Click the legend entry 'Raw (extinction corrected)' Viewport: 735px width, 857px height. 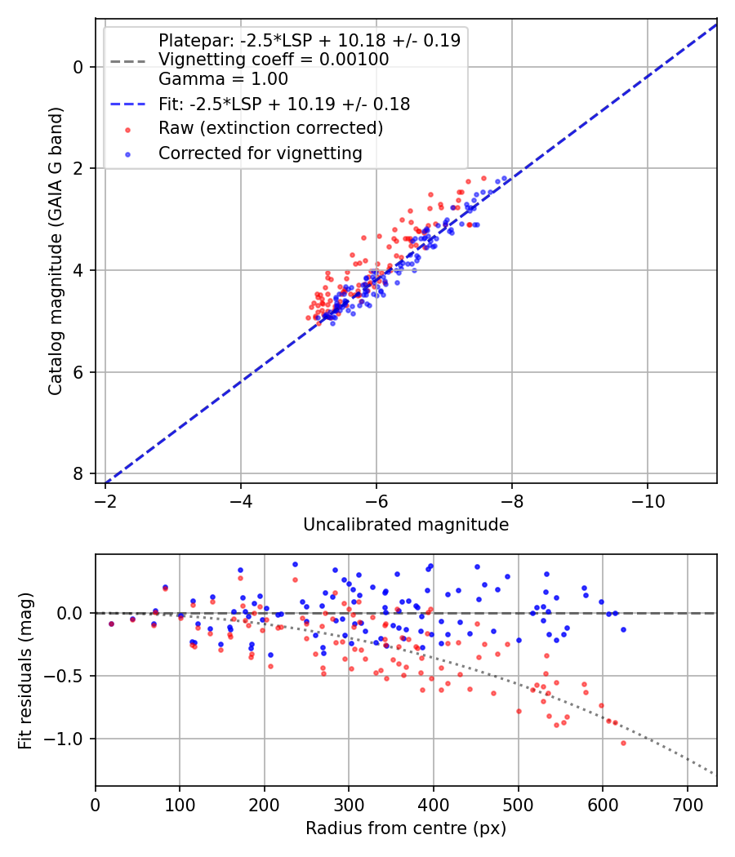(270, 128)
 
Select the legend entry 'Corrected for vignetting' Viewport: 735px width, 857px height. (261, 153)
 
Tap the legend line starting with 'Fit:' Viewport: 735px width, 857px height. (284, 104)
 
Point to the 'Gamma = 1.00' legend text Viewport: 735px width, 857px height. (223, 78)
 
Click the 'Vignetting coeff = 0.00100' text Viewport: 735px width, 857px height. (274, 59)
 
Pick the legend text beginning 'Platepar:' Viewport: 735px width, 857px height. (310, 40)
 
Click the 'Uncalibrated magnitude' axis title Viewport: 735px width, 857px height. (406, 525)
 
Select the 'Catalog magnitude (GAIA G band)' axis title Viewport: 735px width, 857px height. (56, 251)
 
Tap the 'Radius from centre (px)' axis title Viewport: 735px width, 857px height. (406, 828)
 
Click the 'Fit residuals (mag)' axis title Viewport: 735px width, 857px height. (25, 671)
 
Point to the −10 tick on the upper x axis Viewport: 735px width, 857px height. (648, 500)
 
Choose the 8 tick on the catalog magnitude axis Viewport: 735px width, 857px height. (78, 473)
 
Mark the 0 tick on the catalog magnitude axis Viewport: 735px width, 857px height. (78, 67)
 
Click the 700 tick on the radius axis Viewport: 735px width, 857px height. (687, 805)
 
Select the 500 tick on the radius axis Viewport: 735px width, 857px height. (518, 805)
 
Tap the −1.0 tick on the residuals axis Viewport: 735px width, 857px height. (64, 739)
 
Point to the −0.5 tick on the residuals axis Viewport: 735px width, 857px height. (64, 676)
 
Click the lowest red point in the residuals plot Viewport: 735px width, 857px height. (623, 744)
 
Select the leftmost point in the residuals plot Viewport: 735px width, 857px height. (112, 624)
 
